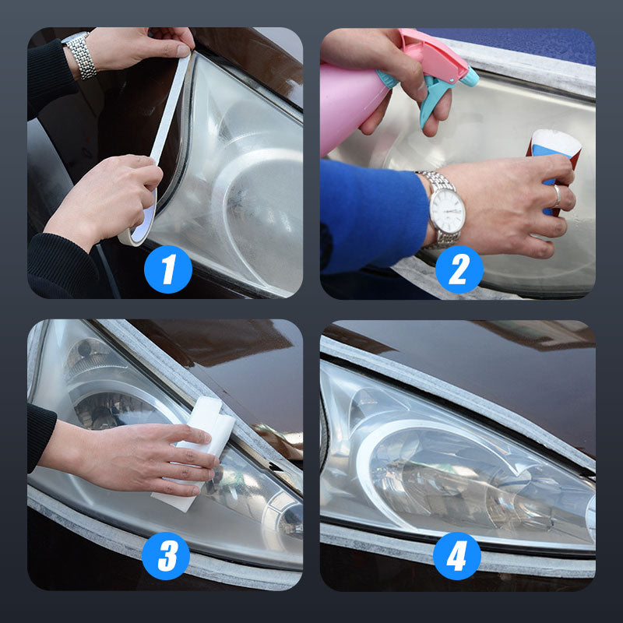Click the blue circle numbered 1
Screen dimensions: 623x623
(168, 269)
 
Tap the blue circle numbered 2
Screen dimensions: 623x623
(459, 269)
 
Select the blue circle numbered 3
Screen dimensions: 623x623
(166, 556)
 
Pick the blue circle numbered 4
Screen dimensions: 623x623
(457, 556)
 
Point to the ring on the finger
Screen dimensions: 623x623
(558, 196)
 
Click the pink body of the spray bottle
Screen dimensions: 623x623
(350, 107)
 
